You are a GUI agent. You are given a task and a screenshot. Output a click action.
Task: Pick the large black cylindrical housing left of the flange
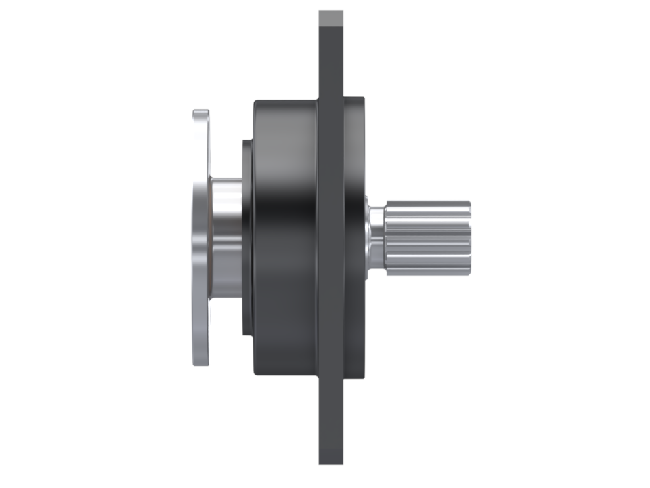(x=284, y=237)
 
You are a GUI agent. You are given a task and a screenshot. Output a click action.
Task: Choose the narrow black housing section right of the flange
(x=354, y=237)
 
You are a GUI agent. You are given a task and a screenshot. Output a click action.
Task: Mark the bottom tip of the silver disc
(x=201, y=362)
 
